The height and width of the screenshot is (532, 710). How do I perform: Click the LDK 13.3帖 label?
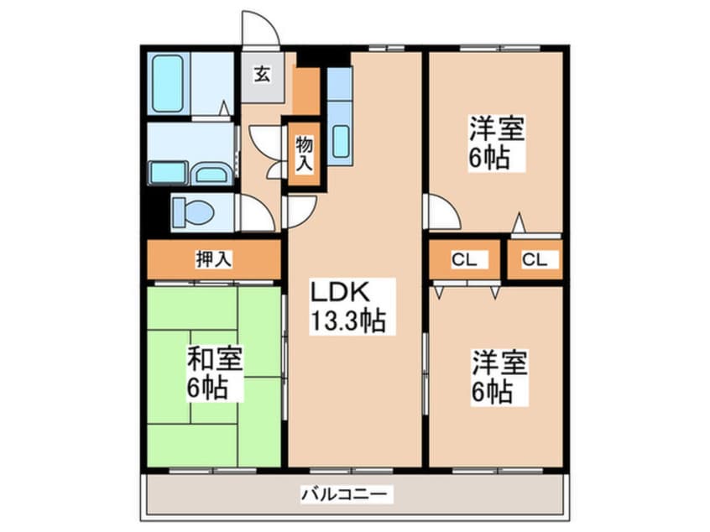(x=348, y=306)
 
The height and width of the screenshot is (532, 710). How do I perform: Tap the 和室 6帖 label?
(x=215, y=373)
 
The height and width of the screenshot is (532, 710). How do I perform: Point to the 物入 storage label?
(x=303, y=154)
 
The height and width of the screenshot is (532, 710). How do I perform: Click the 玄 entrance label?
(x=262, y=75)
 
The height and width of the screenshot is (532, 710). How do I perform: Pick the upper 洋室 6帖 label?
(x=497, y=143)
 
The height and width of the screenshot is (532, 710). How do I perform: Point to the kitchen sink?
(x=340, y=140)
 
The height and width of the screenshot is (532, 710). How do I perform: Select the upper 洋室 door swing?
(x=441, y=211)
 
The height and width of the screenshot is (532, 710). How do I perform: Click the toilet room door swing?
(x=256, y=213)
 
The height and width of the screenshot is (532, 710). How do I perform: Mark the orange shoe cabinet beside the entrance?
(x=306, y=91)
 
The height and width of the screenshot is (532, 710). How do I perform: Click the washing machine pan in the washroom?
(x=167, y=172)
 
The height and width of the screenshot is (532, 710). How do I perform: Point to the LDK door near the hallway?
(x=300, y=210)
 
